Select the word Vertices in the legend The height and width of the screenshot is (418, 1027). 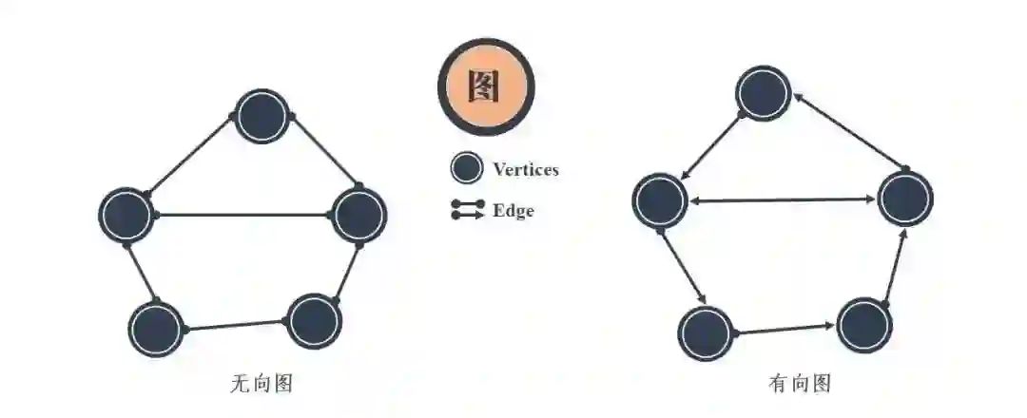click(x=525, y=170)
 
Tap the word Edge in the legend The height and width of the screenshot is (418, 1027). click(x=513, y=211)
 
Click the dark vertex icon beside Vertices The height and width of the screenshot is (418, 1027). click(x=466, y=169)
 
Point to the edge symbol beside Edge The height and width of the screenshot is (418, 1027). click(x=467, y=210)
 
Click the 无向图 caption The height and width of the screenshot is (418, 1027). click(x=261, y=385)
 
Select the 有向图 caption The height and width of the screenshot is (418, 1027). click(x=800, y=385)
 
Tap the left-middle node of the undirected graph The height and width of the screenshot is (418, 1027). click(x=126, y=215)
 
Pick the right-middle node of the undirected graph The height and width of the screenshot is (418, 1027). click(x=359, y=215)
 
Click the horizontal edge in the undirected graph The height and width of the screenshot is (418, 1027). click(x=242, y=215)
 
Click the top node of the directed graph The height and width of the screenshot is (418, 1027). click(x=764, y=93)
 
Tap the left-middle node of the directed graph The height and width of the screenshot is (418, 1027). click(x=660, y=199)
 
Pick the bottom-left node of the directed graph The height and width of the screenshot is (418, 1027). click(x=707, y=332)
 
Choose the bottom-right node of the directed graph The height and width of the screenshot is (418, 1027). click(x=864, y=325)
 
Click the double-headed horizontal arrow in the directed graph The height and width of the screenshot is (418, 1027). click(x=783, y=199)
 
